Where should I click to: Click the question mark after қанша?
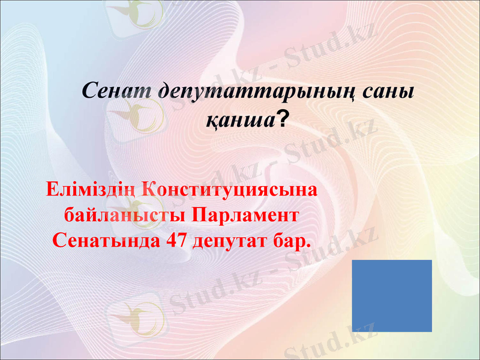(x=281, y=121)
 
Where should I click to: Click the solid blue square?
(x=392, y=296)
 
